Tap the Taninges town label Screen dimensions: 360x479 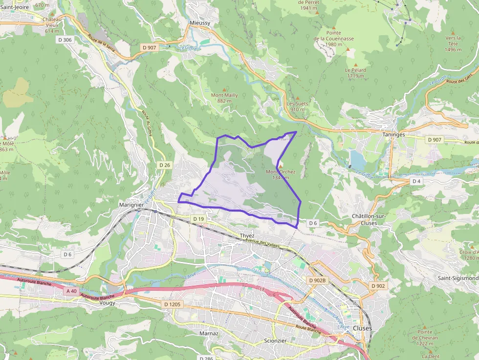pos(394,134)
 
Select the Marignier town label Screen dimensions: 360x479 pos(131,205)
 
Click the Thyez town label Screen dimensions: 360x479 pos(247,236)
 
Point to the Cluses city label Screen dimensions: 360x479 pos(362,328)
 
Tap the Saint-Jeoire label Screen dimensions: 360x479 pos(15,7)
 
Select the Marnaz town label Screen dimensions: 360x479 pos(209,333)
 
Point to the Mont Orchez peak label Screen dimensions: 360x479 pos(281,172)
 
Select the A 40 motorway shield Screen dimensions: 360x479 pos(71,291)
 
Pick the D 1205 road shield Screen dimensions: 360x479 pos(172,304)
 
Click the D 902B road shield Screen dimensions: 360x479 pos(317,280)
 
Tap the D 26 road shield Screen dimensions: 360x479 pos(165,165)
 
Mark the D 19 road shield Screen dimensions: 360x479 pos(198,219)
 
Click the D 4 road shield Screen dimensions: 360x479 pos(416,181)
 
